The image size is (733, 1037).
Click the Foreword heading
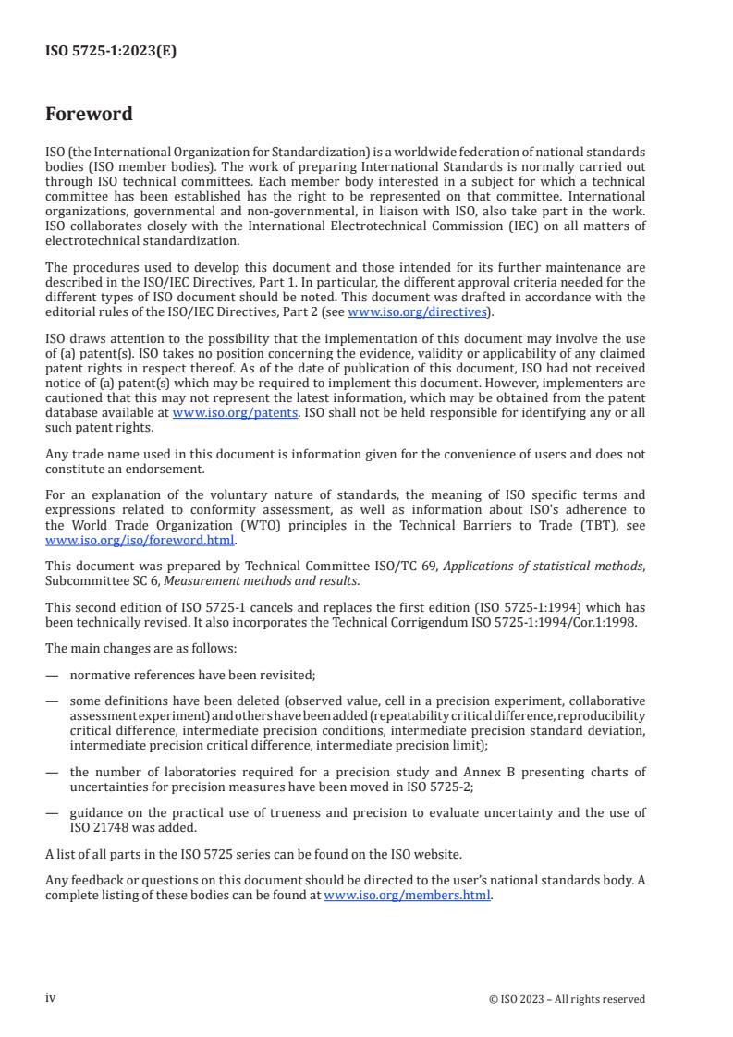[x=90, y=115]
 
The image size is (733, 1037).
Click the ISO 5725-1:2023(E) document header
[x=111, y=52]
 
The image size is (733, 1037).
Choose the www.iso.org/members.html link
[x=408, y=896]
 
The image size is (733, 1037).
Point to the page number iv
[x=51, y=998]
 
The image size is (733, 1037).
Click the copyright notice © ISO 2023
[x=567, y=999]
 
